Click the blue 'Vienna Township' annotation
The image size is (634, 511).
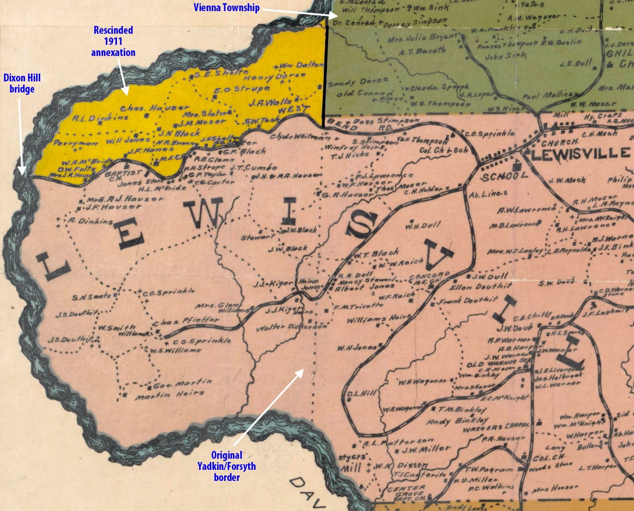click(226, 8)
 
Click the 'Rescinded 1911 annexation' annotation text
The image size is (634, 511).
click(113, 41)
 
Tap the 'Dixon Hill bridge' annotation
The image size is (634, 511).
click(22, 83)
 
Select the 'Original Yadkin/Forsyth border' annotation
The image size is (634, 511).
click(226, 466)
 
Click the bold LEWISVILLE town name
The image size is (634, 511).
click(580, 154)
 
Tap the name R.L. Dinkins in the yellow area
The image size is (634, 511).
click(100, 118)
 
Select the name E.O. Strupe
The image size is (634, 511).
click(242, 89)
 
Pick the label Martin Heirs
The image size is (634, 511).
click(170, 395)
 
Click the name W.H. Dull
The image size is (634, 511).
click(423, 226)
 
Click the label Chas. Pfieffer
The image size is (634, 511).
click(186, 320)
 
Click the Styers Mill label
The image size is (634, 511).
click(352, 462)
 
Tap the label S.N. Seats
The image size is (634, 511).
click(91, 296)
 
